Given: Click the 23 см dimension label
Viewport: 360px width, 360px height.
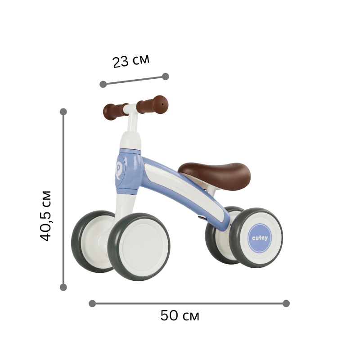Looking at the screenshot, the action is pyautogui.click(x=131, y=61).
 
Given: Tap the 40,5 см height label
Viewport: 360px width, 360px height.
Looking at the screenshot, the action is pyautogui.click(x=45, y=216).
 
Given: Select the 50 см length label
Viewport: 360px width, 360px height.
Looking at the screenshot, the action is pyautogui.click(x=180, y=316).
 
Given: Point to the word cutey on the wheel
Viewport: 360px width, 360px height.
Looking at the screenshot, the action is pyautogui.click(x=260, y=238).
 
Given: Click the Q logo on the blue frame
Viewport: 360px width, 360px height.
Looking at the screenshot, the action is pyautogui.click(x=118, y=170).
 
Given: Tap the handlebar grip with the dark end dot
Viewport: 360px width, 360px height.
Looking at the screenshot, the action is pyautogui.click(x=153, y=105).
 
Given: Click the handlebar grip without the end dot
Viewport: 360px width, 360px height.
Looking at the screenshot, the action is pyautogui.click(x=115, y=111).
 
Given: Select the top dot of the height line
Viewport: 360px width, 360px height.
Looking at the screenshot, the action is pyautogui.click(x=63, y=112).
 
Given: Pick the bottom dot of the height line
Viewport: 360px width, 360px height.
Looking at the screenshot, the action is pyautogui.click(x=63, y=287).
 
